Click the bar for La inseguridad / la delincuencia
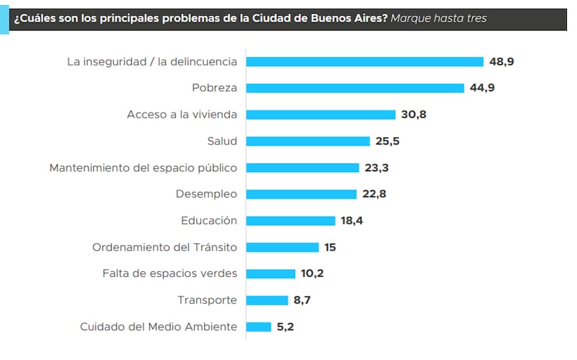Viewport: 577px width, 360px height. tap(365, 61)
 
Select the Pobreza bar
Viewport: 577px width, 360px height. tap(355, 88)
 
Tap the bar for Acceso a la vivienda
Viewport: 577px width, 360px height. tap(321, 115)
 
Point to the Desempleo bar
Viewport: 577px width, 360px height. tap(301, 194)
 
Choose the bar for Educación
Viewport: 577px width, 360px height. tap(291, 221)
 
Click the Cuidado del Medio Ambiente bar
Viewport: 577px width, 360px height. tap(258, 327)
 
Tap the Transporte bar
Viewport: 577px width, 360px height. tap(267, 300)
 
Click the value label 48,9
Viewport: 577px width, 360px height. tap(501, 61)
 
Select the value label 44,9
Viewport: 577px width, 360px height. tap(482, 88)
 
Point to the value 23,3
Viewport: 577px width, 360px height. tap(377, 167)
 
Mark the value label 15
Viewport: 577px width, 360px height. tap(330, 247)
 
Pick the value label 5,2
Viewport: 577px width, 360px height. tap(285, 327)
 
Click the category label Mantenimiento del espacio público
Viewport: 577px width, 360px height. tap(143, 167)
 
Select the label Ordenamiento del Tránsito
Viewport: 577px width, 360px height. tap(164, 247)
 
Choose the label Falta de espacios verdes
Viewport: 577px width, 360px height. tap(169, 273)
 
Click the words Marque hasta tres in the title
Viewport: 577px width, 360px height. tap(439, 18)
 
